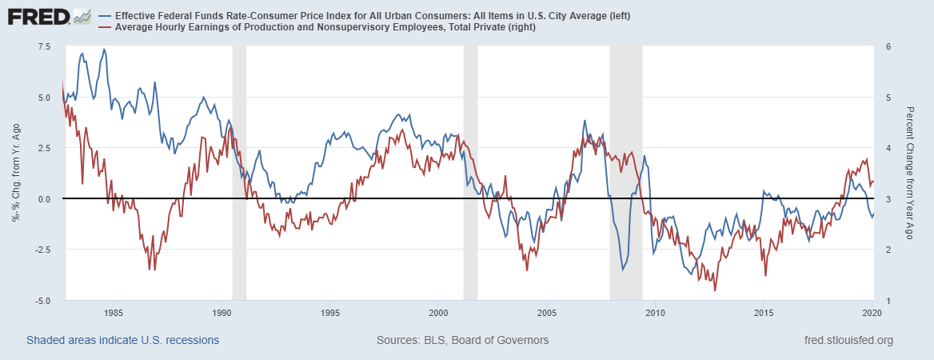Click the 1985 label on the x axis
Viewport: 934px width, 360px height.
113,313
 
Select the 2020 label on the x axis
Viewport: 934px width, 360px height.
872,313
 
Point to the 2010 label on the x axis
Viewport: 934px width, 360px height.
655,313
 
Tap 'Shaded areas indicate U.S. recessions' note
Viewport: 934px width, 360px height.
122,340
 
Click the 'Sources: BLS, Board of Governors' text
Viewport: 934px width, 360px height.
462,340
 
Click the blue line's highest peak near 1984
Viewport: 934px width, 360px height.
104,50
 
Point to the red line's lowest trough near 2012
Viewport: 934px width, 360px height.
715,290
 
